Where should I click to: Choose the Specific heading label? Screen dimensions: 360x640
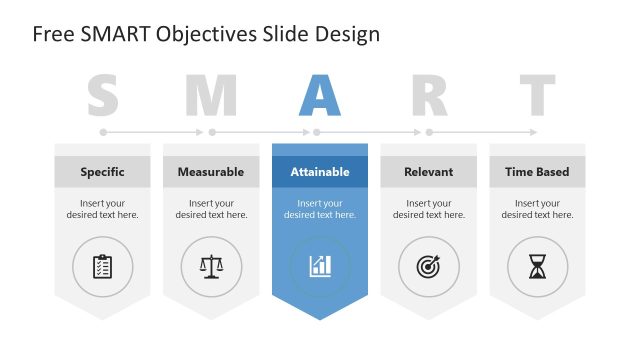pos(102,172)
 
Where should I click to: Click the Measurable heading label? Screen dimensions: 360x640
pos(211,172)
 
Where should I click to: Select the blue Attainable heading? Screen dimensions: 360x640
pos(320,172)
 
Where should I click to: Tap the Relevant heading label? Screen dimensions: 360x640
pos(428,172)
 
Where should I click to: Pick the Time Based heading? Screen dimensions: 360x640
pos(537,172)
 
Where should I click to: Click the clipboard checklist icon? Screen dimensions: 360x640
pos(102,266)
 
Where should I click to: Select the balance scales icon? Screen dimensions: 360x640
pos(211,266)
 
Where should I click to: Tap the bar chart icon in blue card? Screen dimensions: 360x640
pos(320,266)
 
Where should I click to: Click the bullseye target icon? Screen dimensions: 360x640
pos(428,266)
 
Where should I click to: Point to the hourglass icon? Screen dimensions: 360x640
pos(537,266)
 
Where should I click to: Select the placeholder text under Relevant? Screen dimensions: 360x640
pos(428,209)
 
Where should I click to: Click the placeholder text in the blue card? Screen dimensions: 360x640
pos(320,209)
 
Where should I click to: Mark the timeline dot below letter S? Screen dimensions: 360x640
pos(103,131)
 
